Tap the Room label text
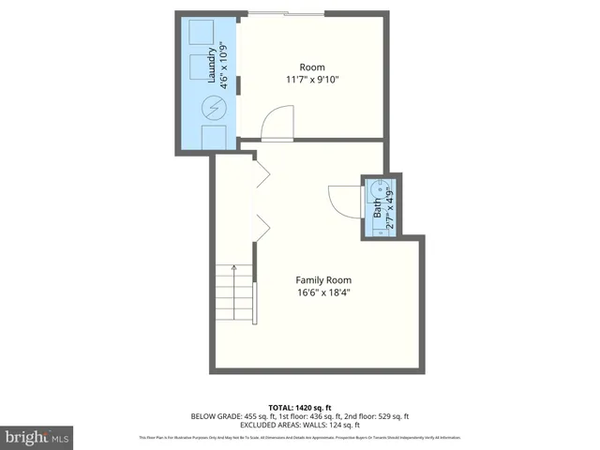tap(311, 67)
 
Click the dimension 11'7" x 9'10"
tap(311, 80)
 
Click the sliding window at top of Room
tap(286, 13)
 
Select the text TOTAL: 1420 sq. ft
tap(299, 406)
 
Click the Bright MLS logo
tap(37, 437)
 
